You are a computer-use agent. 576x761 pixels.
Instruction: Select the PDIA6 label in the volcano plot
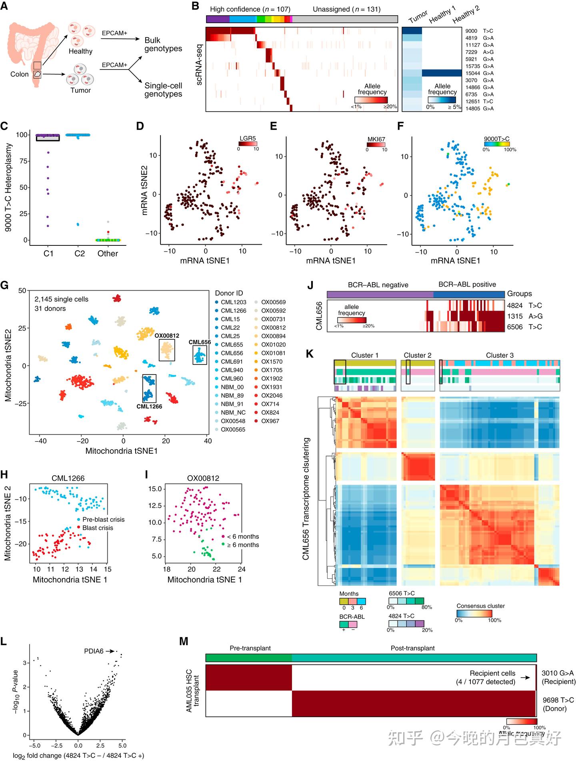pyautogui.click(x=94, y=651)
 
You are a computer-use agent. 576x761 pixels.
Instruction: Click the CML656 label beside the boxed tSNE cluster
pyautogui.click(x=200, y=342)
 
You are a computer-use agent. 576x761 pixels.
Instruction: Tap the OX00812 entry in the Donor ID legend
pyautogui.click(x=273, y=327)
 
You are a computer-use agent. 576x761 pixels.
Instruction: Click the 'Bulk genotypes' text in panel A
pyautogui.click(x=163, y=44)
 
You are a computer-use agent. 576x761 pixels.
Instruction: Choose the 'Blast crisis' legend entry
pyautogui.click(x=98, y=528)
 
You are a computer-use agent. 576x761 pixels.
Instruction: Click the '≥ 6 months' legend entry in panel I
pyautogui.click(x=243, y=545)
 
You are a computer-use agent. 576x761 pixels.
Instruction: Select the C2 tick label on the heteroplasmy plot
pyautogui.click(x=80, y=253)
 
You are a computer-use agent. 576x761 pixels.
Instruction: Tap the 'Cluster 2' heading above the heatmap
pyautogui.click(x=417, y=355)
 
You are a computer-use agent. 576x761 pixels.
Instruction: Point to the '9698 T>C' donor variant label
pyautogui.click(x=558, y=700)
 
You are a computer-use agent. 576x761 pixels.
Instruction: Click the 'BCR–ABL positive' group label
pyautogui.click(x=467, y=285)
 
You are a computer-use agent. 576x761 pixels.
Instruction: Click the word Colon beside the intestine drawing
pyautogui.click(x=19, y=74)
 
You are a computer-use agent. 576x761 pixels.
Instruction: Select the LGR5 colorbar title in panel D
pyautogui.click(x=247, y=139)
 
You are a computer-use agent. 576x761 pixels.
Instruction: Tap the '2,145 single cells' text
pyautogui.click(x=61, y=299)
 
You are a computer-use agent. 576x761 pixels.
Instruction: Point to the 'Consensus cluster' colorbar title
pyautogui.click(x=480, y=606)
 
